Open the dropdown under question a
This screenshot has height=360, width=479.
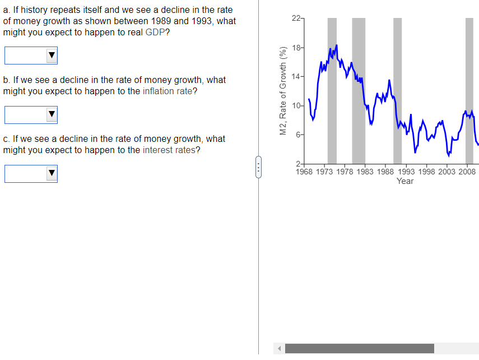click(x=31, y=55)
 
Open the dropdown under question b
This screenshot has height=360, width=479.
click(x=31, y=114)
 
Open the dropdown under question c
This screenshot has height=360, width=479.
click(x=31, y=174)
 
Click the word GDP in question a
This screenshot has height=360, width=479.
click(x=155, y=32)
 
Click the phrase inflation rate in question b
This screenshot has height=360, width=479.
click(x=168, y=91)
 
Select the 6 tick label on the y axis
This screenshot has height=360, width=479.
click(x=299, y=135)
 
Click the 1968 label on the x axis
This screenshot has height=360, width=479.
click(x=305, y=172)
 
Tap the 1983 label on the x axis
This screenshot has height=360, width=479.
click(x=365, y=172)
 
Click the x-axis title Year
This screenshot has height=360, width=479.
click(x=404, y=181)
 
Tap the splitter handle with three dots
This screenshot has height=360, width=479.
click(x=258, y=166)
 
